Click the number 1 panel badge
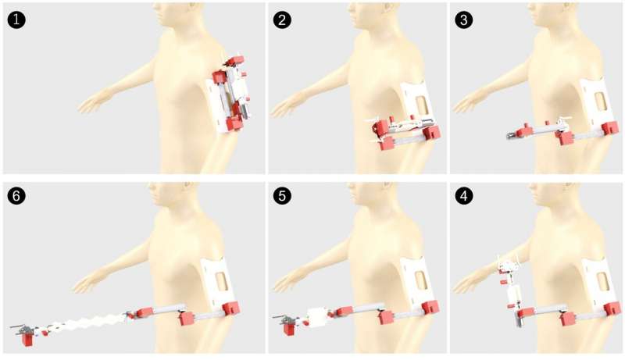[x=16, y=20]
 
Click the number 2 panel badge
[x=282, y=20]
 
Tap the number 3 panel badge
[x=463, y=20]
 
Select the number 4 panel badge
[x=463, y=196]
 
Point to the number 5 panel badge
[x=282, y=196]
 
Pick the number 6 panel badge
[x=16, y=196]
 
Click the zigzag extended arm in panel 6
[x=86, y=323]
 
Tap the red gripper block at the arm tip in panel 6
[x=28, y=339]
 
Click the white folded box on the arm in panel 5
[x=318, y=317]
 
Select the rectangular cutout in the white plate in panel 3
[x=600, y=102]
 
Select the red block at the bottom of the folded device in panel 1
[x=234, y=124]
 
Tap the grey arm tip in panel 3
[x=512, y=135]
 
